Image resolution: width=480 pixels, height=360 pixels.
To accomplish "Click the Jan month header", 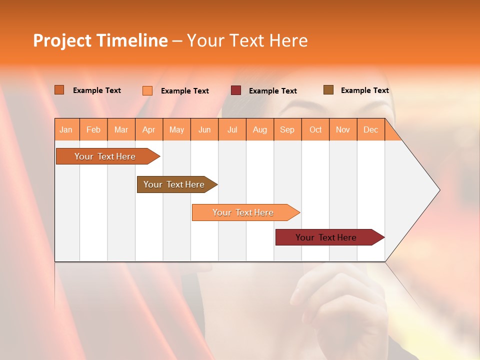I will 66,129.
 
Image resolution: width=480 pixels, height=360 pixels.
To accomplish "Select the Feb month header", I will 93,129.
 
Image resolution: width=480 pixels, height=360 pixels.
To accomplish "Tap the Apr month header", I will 149,129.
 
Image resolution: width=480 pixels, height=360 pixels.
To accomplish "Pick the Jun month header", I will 204,129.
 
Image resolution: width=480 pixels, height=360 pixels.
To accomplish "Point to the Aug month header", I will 260,129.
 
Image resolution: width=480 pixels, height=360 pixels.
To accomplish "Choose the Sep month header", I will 287,129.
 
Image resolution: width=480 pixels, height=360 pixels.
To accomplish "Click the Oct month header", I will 315,129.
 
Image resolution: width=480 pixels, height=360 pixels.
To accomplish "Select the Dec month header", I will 371,129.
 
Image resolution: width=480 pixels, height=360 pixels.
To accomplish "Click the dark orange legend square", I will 59,90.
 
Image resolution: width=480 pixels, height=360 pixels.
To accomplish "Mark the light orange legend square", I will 147,90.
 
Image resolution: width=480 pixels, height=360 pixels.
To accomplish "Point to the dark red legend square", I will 236,90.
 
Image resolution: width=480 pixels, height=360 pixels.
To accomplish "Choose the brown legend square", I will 328,90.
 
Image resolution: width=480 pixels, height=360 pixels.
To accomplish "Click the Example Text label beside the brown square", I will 364,90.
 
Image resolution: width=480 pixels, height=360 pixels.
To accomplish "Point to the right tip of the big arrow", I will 439,190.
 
